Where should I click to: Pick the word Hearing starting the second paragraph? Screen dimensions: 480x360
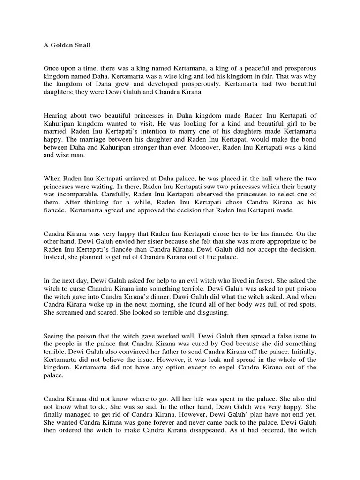(56, 116)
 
